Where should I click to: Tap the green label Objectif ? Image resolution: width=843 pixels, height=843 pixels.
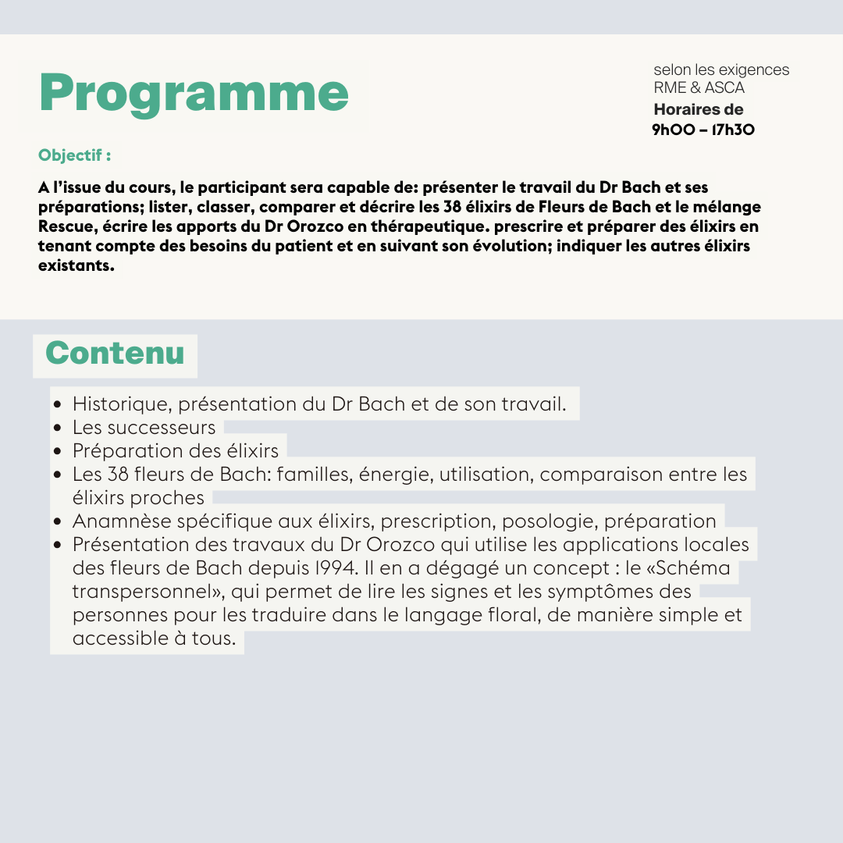[74, 155]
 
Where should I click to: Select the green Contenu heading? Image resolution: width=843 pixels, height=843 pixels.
[115, 354]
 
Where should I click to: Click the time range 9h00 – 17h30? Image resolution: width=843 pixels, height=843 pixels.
[703, 130]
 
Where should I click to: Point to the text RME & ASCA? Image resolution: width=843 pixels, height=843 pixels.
[699, 87]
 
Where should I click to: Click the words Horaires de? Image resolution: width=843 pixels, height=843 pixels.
[698, 109]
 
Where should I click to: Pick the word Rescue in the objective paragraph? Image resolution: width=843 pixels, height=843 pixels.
[64, 226]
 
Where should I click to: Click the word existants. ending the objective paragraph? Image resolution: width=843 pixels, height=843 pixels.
[76, 265]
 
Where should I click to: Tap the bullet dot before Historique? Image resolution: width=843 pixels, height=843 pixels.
[58, 405]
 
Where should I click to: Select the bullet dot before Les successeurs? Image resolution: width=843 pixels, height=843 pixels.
[58, 429]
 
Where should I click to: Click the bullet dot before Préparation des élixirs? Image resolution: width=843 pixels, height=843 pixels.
[58, 452]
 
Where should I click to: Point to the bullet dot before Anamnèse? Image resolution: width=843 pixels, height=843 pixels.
[58, 522]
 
